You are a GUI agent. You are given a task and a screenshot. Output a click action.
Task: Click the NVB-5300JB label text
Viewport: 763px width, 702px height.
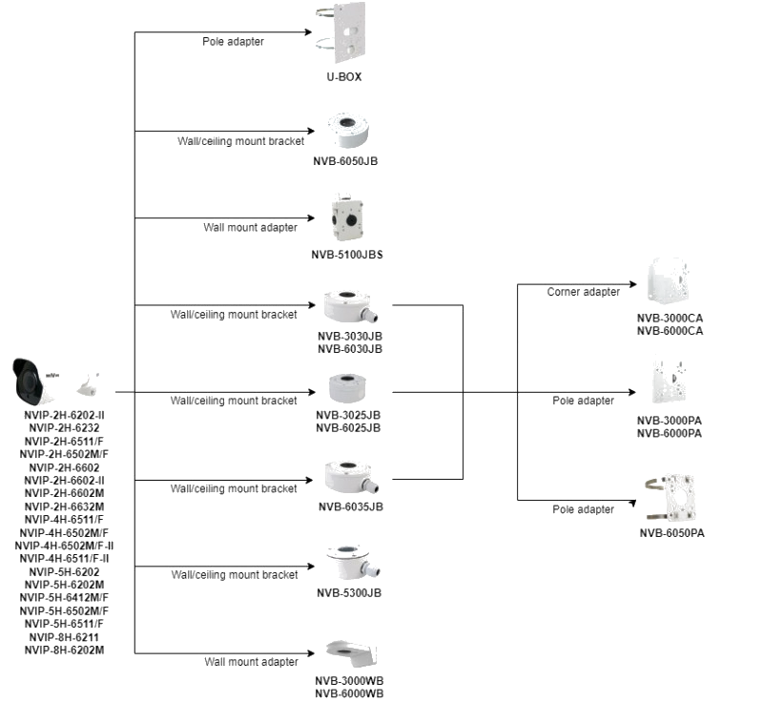pyautogui.click(x=349, y=592)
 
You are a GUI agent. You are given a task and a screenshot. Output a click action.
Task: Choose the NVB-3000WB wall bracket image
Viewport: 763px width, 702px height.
pyautogui.click(x=350, y=654)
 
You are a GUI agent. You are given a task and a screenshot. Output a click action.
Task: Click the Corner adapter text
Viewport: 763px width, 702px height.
pyautogui.click(x=584, y=292)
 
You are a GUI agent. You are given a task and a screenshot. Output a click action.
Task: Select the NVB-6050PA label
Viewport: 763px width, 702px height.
pyautogui.click(x=672, y=533)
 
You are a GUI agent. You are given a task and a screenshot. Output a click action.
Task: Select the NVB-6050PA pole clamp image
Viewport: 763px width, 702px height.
pyautogui.click(x=673, y=497)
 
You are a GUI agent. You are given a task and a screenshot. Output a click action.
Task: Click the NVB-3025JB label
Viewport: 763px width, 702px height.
pyautogui.click(x=348, y=415)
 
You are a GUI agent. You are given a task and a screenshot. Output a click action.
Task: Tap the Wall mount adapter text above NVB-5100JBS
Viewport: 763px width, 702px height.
pyautogui.click(x=250, y=228)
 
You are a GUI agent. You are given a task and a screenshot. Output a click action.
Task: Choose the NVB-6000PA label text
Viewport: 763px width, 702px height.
pyautogui.click(x=670, y=433)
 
